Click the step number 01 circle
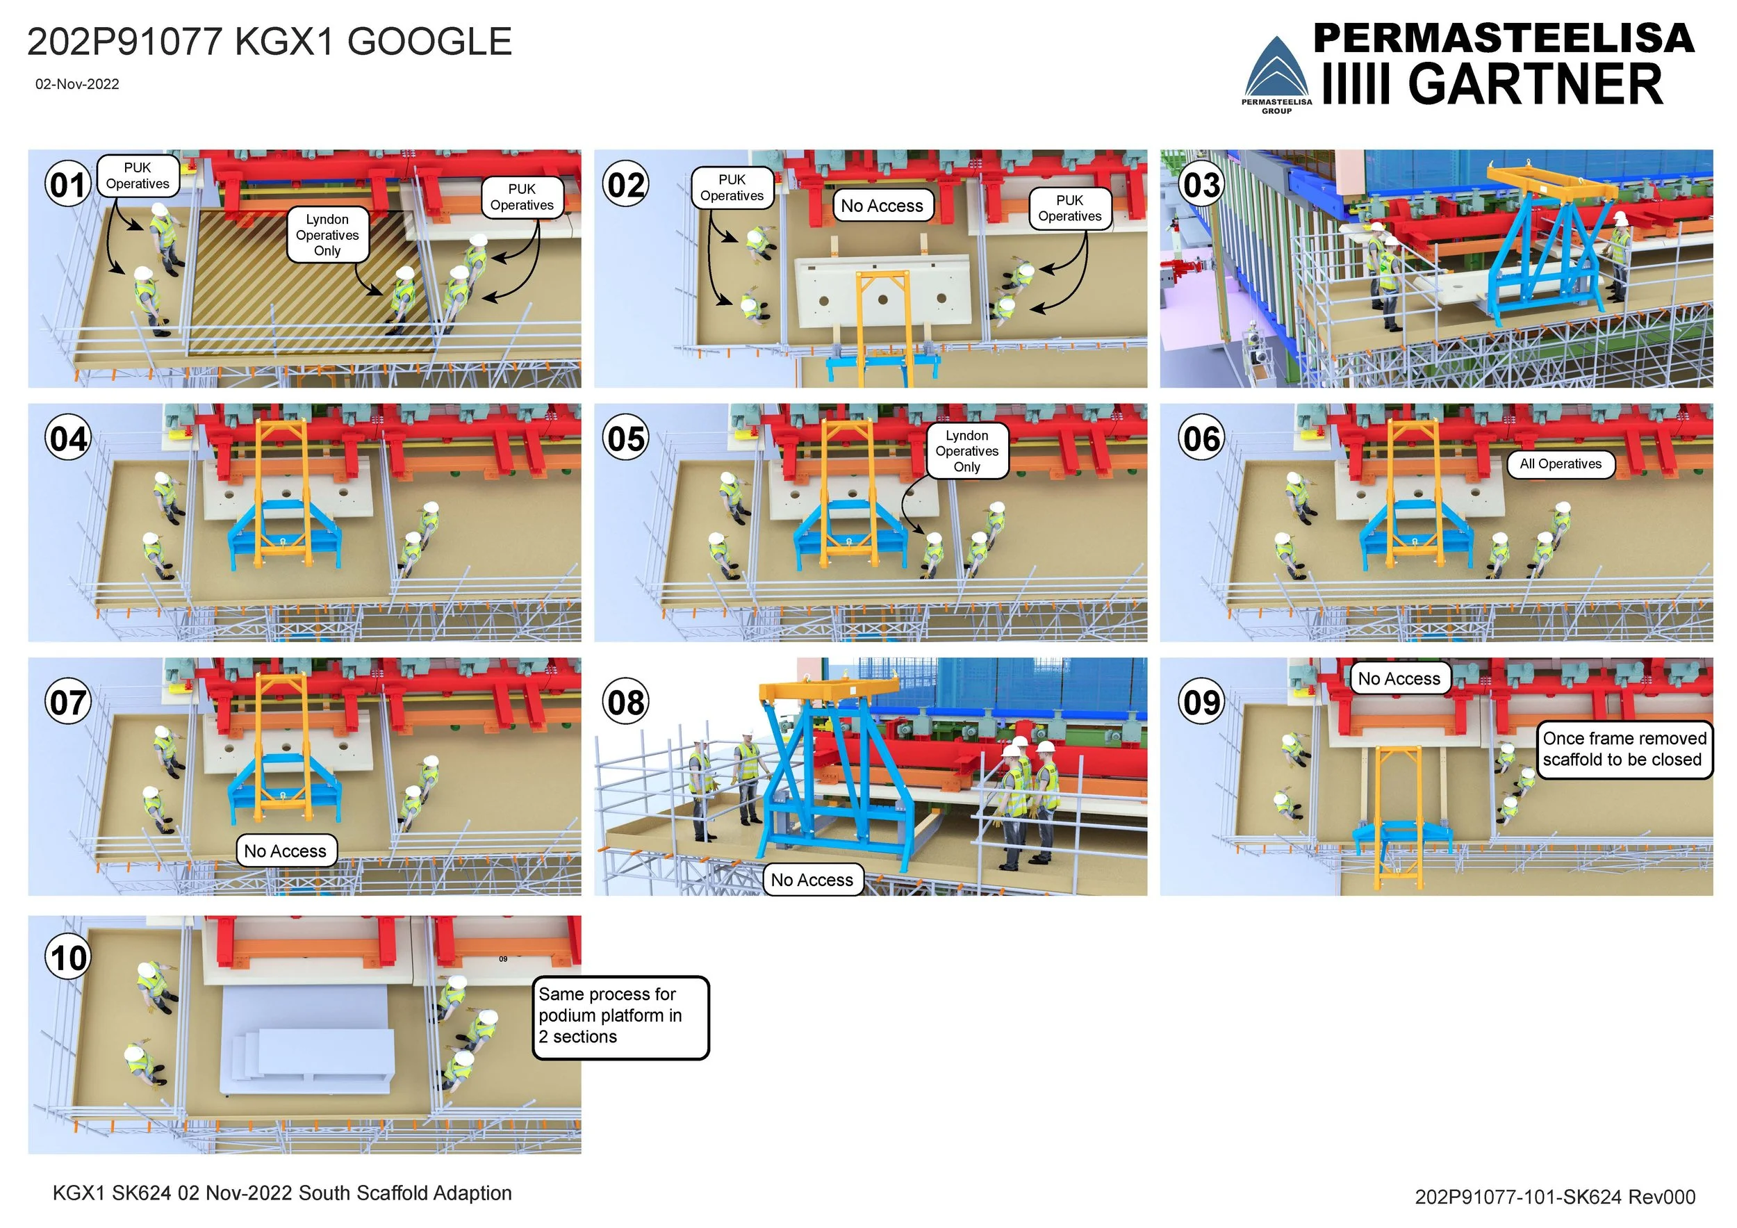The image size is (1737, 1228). (68, 185)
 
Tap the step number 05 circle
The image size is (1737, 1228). (625, 438)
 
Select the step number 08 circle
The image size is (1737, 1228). (625, 702)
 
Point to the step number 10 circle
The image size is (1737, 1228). (68, 958)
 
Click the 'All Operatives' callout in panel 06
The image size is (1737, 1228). (1560, 464)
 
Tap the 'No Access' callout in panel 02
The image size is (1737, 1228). (882, 206)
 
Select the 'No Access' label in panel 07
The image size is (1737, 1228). (285, 851)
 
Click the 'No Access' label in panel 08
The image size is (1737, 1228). (812, 880)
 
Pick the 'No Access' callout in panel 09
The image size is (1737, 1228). (1399, 679)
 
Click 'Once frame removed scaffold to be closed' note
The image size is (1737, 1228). (1624, 749)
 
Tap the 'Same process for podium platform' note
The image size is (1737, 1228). (620, 1016)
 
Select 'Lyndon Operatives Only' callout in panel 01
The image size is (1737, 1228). (327, 235)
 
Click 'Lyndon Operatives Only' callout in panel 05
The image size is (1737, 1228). (967, 451)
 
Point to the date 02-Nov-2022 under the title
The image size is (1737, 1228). (77, 84)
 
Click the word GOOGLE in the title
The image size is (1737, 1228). (429, 42)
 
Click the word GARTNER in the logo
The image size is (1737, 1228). (1535, 84)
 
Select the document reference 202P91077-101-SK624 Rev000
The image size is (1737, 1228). (1555, 1196)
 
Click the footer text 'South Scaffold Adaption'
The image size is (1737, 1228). (405, 1193)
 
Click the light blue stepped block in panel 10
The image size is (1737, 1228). (306, 1044)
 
